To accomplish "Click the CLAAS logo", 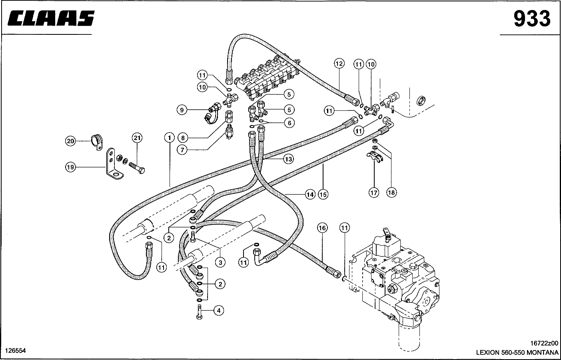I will (x=51, y=18).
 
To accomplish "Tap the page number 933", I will (x=531, y=19).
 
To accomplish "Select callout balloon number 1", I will (x=169, y=138).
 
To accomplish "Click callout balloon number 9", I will (x=182, y=110).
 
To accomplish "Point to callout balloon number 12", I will (x=339, y=64).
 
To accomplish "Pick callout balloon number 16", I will (x=322, y=228).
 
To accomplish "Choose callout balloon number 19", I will (x=70, y=168).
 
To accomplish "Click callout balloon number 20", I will (x=70, y=141).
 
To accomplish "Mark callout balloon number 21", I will (x=137, y=138).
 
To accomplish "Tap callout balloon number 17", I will (x=373, y=193).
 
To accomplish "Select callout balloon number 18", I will (x=391, y=193).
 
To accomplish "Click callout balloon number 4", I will (x=218, y=310).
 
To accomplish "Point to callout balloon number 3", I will (x=220, y=262).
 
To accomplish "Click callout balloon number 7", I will (x=182, y=150).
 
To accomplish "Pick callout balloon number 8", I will (x=182, y=138).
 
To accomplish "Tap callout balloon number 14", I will (x=309, y=195).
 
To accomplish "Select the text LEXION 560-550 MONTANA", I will (x=517, y=352).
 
